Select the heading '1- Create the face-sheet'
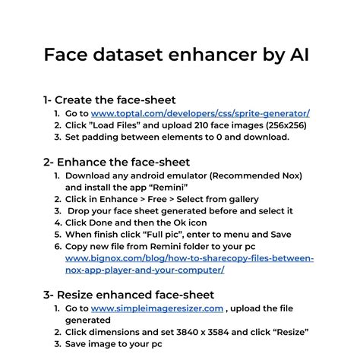[109, 99]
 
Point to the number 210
[217, 125]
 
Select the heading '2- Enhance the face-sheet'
[116, 162]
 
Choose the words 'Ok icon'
[185, 223]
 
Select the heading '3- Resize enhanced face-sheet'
[128, 295]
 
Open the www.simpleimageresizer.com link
[157, 308]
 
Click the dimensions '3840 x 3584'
[223, 332]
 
